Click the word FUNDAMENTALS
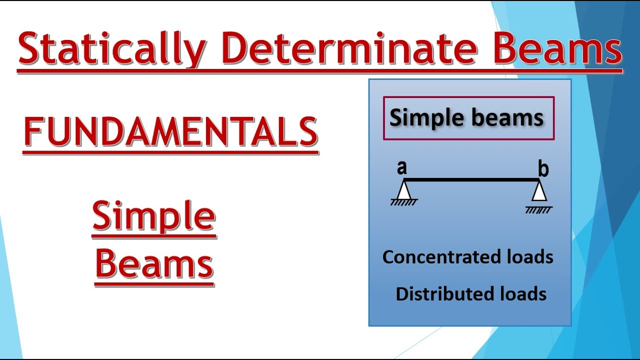point(170,132)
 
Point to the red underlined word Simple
point(154,216)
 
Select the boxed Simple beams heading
point(468,118)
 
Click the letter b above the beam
point(543,170)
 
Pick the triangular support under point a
point(403,190)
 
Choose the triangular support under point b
point(539,192)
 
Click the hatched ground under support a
point(404,202)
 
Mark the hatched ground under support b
point(539,210)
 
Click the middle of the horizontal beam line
point(471,179)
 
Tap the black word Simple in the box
point(427,118)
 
